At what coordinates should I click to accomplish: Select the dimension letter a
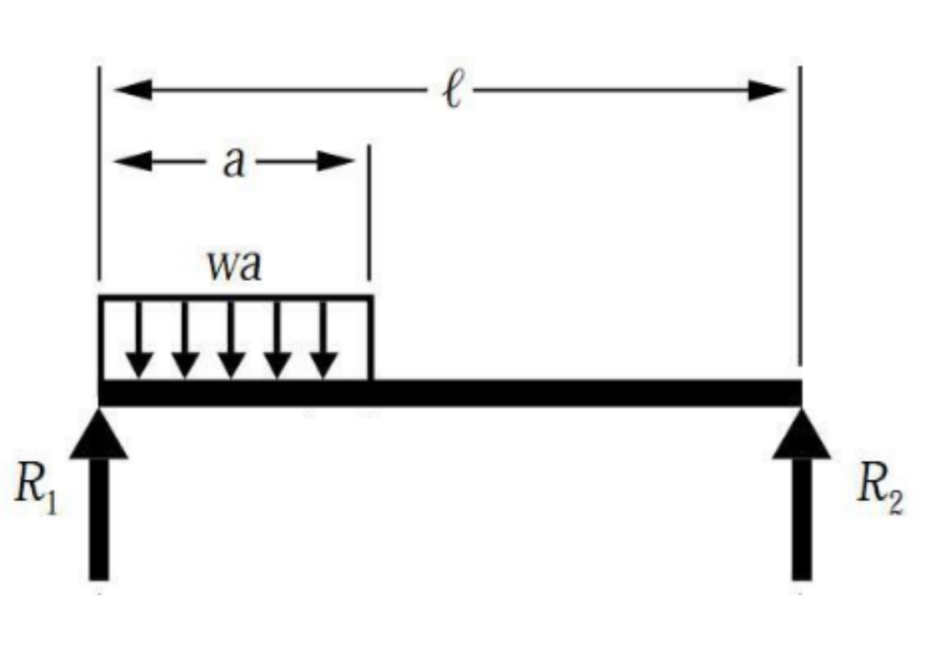tap(234, 162)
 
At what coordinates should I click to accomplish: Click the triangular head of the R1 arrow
tap(99, 436)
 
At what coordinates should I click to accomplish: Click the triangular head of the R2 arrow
tap(801, 436)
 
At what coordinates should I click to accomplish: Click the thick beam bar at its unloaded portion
tap(583, 392)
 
